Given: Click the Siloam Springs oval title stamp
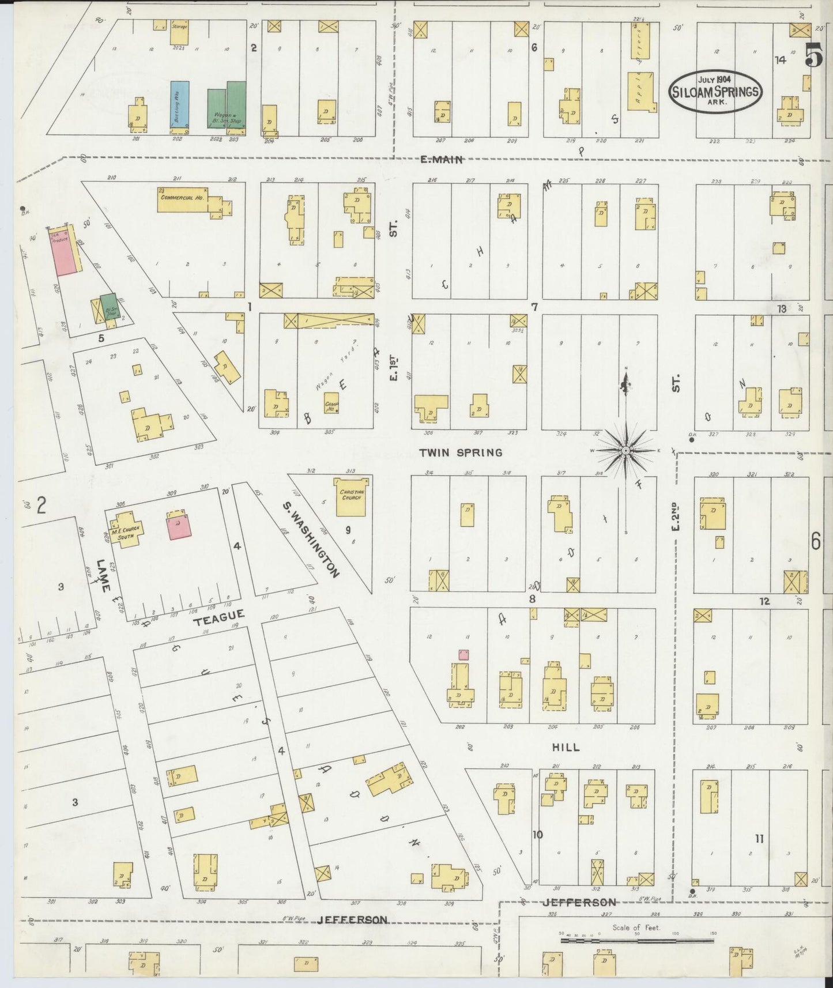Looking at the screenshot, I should click(x=715, y=91).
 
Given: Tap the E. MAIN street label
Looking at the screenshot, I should click(x=441, y=160).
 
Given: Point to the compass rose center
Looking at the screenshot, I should click(x=626, y=450).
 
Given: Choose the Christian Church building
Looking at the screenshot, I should click(x=351, y=493).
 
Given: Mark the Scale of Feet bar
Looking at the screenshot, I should click(x=636, y=940).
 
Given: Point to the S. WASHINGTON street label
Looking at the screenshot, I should click(x=310, y=538).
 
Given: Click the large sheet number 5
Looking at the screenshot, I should click(x=814, y=55).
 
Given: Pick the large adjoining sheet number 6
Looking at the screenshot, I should click(x=815, y=541).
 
